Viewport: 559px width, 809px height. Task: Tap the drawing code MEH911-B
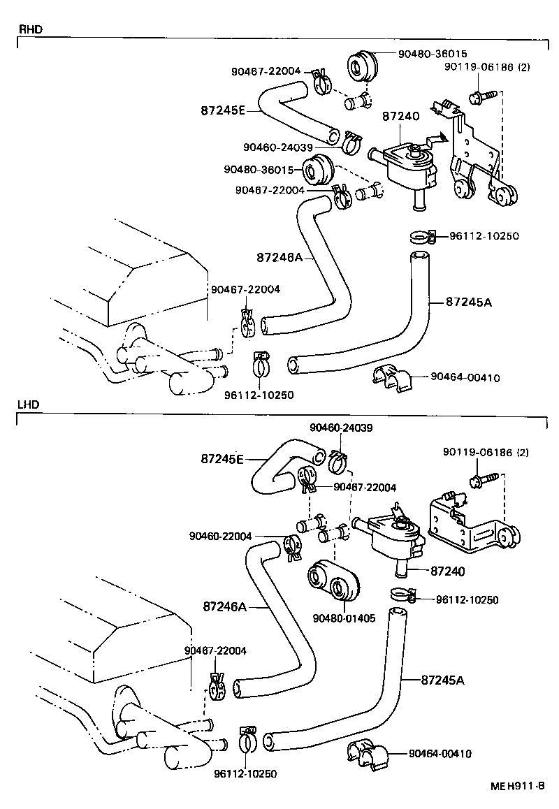[x=517, y=786]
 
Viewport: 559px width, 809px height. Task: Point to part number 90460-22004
[x=220, y=536]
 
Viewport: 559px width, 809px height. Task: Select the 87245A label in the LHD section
[x=444, y=679]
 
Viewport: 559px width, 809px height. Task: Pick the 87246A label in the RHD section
[x=279, y=257]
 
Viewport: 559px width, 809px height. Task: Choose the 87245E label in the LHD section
[x=222, y=459]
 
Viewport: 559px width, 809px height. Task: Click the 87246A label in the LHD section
[x=226, y=606]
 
